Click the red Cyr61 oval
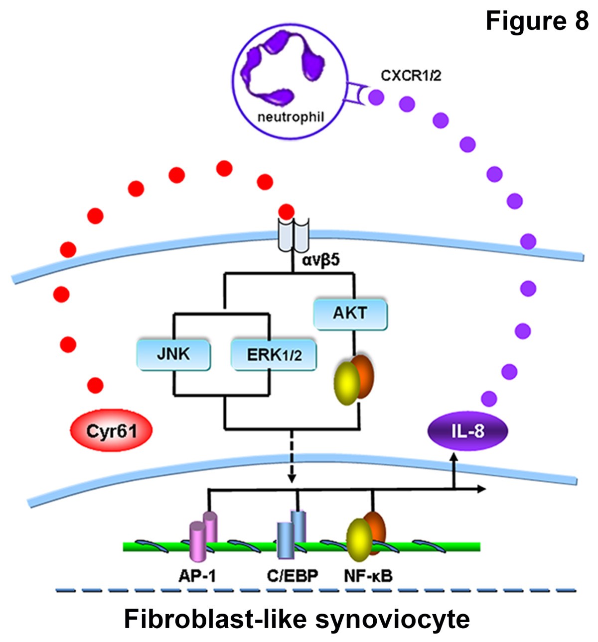(111, 430)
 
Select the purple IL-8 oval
(467, 430)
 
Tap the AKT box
(350, 314)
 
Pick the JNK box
(173, 354)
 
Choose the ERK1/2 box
(274, 355)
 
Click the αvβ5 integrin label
(321, 259)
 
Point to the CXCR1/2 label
(411, 76)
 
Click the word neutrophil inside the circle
(291, 117)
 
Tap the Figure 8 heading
(536, 21)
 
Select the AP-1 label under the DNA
(197, 576)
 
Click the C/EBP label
(292, 576)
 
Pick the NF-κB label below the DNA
(368, 576)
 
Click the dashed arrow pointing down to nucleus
(292, 458)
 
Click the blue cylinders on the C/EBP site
(292, 535)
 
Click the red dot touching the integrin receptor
(286, 211)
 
